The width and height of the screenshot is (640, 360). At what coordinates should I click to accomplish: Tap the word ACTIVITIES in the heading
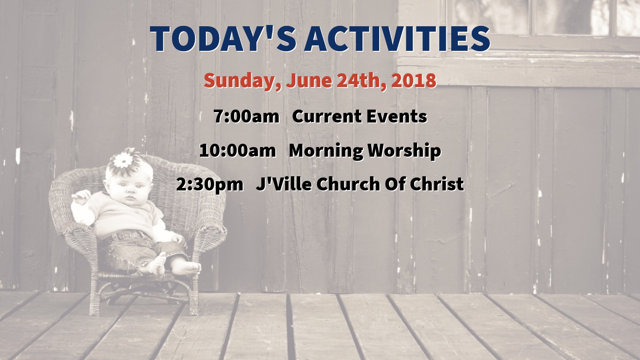[397, 39]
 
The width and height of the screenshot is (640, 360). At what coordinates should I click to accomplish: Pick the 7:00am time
[246, 117]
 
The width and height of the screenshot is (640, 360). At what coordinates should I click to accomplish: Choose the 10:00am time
[237, 150]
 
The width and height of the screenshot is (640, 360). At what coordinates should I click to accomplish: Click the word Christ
[437, 184]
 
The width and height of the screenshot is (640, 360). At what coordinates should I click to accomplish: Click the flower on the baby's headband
[123, 160]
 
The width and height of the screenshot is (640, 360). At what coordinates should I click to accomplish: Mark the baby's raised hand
[81, 197]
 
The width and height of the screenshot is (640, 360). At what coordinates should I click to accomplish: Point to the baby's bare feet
[174, 266]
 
